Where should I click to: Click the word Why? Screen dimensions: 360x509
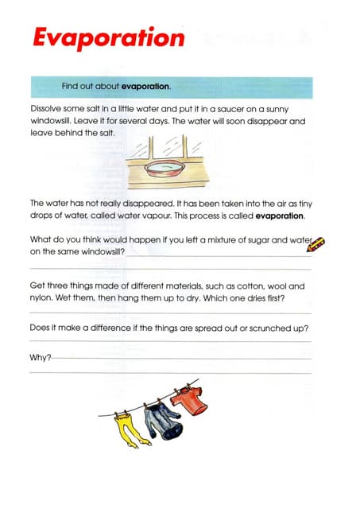click(40, 357)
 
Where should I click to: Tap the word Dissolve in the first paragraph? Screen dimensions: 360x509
click(47, 107)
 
